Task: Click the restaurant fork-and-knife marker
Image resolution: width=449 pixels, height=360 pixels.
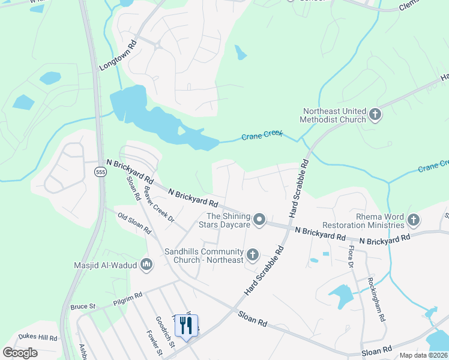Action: click(186, 326)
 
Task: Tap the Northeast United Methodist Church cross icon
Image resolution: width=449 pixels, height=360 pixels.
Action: click(375, 114)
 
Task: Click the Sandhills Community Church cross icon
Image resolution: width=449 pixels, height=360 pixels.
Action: click(253, 255)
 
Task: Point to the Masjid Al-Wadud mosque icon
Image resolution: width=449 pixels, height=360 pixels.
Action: click(146, 264)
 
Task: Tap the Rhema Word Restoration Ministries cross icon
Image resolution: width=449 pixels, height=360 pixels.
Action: click(412, 220)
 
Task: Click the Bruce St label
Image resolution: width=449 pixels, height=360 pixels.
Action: click(83, 307)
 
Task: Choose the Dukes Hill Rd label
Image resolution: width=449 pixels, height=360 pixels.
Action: click(38, 337)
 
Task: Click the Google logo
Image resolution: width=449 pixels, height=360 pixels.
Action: click(20, 353)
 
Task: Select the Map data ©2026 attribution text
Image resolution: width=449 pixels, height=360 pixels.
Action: click(423, 355)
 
